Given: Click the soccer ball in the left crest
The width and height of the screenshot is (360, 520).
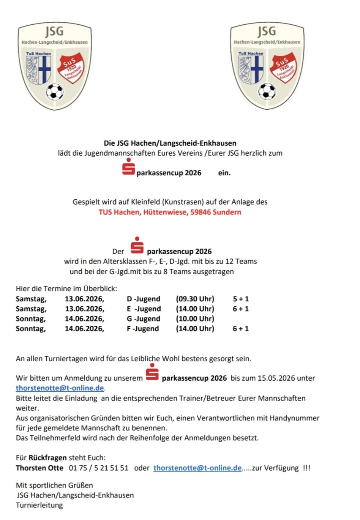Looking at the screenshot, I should point(55,91).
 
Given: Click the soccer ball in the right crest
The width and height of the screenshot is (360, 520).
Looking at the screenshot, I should point(267,91).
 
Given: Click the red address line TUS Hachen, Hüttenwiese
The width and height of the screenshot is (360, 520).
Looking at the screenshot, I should point(170,212).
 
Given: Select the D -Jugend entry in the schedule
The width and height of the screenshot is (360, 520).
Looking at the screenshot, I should point(144,299).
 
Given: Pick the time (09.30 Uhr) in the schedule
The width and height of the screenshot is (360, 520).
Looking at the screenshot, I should point(195,299).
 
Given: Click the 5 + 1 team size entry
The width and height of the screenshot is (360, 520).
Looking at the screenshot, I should point(241,299).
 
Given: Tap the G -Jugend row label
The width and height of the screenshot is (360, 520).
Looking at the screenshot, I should point(144,319).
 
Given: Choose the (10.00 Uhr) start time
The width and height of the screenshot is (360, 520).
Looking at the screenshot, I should point(195,319).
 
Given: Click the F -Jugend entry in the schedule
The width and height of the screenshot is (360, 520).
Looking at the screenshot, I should point(143,329).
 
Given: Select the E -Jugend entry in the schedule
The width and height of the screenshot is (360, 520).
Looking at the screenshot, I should point(144,309).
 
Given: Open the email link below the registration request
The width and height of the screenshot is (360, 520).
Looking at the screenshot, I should point(60,388).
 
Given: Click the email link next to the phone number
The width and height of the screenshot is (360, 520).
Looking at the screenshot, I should point(197,468).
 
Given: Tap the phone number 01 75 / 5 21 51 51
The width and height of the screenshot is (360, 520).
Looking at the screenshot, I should point(99,468).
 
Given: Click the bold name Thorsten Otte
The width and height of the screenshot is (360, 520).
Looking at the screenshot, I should point(39,468).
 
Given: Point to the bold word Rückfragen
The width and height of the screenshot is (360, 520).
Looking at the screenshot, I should point(47,458).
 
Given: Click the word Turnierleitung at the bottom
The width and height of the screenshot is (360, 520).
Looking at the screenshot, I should point(39,505).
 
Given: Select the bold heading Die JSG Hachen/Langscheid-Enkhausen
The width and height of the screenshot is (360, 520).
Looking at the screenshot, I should point(170,143).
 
